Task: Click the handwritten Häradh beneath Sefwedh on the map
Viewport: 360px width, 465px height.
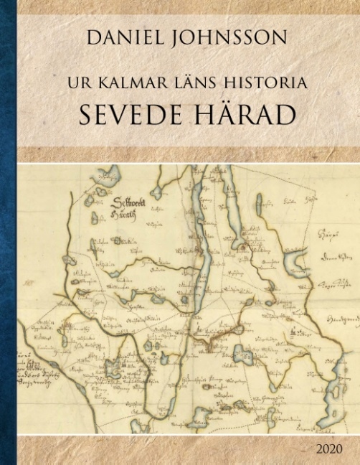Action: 131,212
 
